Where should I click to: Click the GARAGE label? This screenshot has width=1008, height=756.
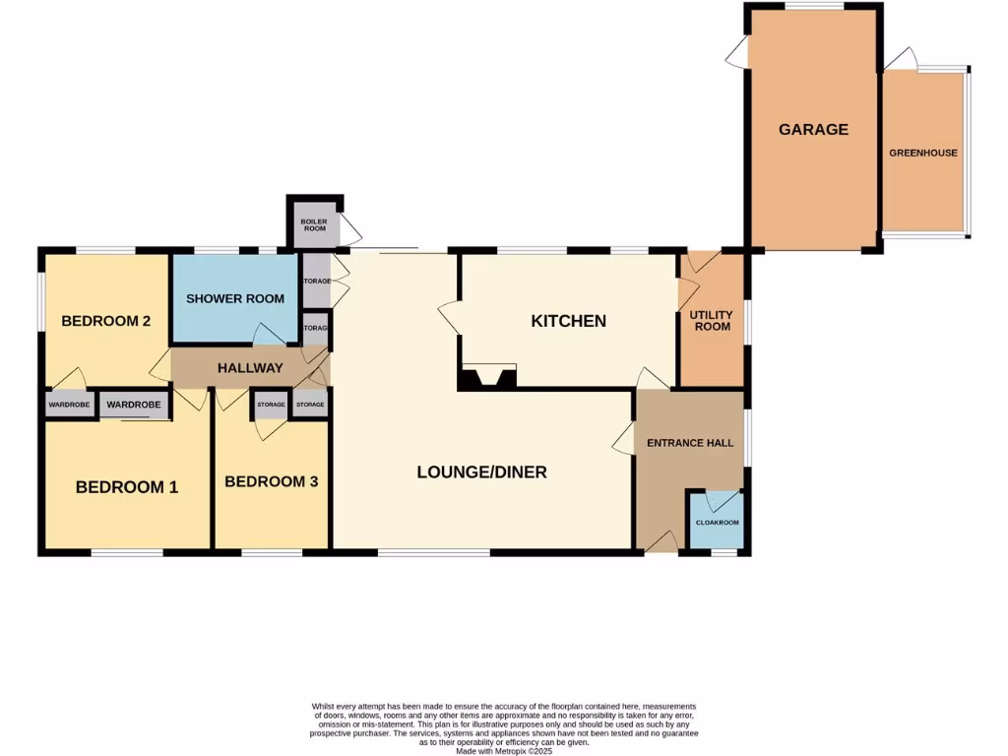813,129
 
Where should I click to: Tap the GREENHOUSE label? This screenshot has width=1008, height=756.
923,153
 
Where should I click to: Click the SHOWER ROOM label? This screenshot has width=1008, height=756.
235,298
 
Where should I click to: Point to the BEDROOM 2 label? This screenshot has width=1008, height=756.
105,321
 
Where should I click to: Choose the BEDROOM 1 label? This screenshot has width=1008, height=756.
127,486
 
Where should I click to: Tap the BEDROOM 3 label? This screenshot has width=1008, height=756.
272,481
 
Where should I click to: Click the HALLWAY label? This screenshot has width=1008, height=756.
250,367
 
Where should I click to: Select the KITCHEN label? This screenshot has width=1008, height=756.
568,321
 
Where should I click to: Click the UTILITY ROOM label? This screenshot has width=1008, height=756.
711,320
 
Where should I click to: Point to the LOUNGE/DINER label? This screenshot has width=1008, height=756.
481,472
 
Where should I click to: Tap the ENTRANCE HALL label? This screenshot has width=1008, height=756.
690,443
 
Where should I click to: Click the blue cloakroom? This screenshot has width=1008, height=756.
716,521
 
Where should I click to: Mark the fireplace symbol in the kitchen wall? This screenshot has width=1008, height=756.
488,378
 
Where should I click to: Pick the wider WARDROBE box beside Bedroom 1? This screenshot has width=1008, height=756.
134,405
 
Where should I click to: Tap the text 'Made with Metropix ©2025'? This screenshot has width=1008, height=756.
504,751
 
